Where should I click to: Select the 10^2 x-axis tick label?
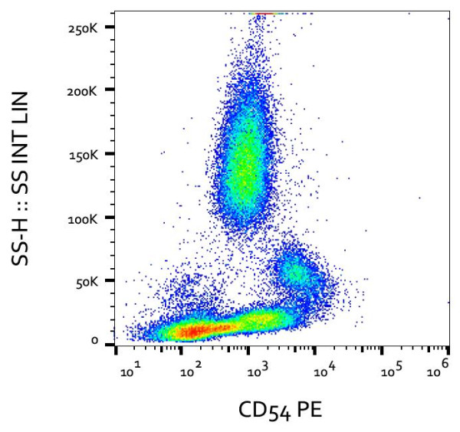pyautogui.click(x=189, y=371)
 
